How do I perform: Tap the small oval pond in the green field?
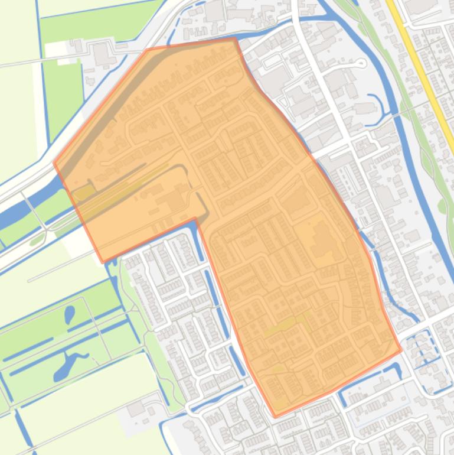[70, 314]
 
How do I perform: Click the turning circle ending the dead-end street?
[361, 63]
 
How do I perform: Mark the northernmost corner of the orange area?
[235, 38]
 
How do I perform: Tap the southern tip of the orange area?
[275, 417]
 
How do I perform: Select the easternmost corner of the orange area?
[401, 350]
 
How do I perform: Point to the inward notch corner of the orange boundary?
[195, 219]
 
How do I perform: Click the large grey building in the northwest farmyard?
[101, 54]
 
